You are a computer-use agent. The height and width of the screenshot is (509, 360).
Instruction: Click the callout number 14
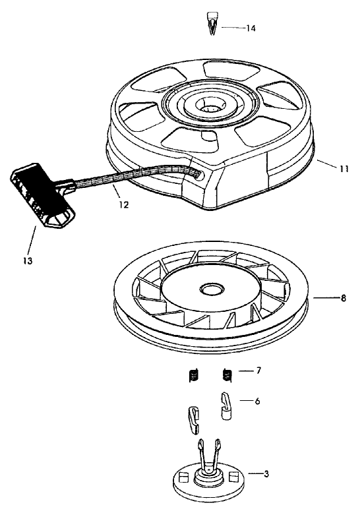251,28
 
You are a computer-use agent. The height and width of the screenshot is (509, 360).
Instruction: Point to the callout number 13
27,260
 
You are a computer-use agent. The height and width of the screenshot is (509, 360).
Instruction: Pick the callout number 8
343,298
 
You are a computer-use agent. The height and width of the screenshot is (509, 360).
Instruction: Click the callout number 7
258,371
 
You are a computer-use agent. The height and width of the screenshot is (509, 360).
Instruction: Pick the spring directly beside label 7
227,375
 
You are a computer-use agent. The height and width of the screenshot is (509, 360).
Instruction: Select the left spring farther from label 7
193,376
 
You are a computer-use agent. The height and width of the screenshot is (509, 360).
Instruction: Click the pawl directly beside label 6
225,405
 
